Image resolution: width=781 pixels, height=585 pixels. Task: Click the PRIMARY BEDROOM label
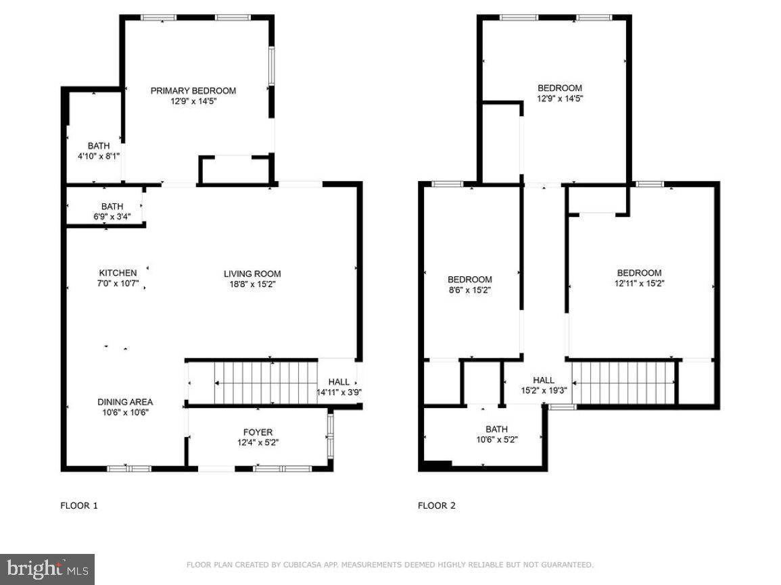tap(193, 91)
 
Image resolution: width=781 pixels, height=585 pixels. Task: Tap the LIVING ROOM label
tap(252, 274)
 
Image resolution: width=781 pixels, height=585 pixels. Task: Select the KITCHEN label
tap(118, 273)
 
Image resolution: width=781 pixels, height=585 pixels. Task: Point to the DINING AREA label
tap(124, 401)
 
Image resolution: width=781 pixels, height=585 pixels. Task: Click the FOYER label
tap(258, 432)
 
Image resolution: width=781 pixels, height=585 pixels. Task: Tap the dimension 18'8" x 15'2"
tap(252, 284)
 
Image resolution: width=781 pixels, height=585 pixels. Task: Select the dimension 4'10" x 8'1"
tap(98, 156)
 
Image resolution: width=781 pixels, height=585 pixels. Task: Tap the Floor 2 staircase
tap(623, 383)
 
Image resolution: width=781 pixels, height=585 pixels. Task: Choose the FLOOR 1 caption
tap(79, 505)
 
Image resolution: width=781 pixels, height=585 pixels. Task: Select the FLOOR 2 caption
tap(436, 505)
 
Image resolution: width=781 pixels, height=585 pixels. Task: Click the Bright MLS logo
tap(47, 569)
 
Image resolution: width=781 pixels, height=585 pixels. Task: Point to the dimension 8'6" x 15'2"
tap(469, 290)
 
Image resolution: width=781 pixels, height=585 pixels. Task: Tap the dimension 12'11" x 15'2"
tap(638, 284)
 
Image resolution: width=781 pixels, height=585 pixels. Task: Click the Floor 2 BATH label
tap(496, 429)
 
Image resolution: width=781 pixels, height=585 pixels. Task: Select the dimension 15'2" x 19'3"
tap(543, 391)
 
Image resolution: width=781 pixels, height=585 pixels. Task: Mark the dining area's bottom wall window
tap(129, 468)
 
